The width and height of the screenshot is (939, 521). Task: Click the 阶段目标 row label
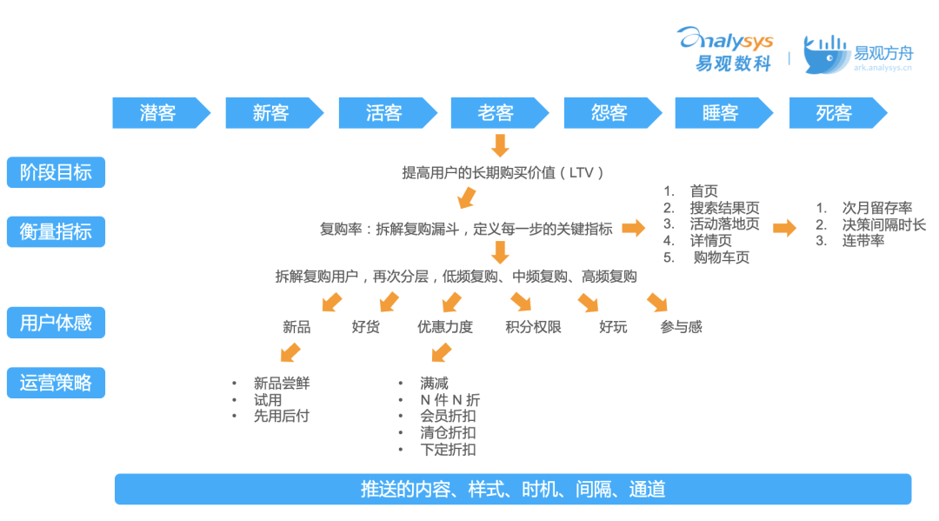[x=56, y=172]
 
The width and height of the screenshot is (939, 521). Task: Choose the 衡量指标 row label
[x=56, y=231]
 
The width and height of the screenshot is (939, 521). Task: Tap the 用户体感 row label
[x=56, y=324]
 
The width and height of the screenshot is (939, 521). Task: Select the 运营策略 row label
[x=56, y=383]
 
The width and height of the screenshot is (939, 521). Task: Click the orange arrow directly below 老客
[x=499, y=144]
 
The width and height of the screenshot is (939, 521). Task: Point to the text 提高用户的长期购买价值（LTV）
[x=503, y=172]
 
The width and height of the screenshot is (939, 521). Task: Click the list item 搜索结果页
[x=724, y=208]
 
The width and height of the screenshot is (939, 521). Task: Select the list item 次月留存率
[x=876, y=208]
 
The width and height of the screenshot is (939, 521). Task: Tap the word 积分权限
[x=533, y=328]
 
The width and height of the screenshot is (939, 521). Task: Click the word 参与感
[x=681, y=328]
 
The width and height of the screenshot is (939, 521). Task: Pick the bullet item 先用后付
[x=281, y=417]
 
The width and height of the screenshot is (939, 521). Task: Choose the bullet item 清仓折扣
[x=448, y=433]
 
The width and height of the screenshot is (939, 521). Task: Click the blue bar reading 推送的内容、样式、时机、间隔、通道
[x=513, y=489]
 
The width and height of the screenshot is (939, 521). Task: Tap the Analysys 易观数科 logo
[x=724, y=49]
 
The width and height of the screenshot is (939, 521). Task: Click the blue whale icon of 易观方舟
[x=824, y=54]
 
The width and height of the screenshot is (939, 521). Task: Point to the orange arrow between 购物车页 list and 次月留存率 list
[x=784, y=228]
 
